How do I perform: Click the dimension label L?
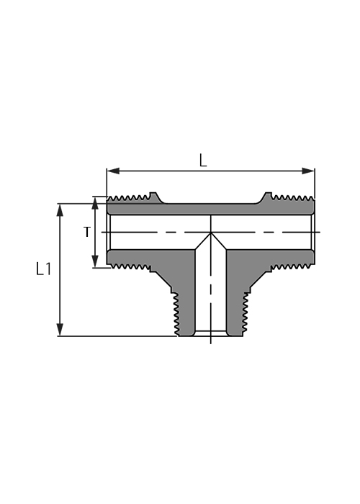203,161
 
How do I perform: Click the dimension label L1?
43,269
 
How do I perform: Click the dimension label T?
87,232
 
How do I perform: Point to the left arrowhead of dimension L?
113,171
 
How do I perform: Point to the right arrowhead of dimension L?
308,171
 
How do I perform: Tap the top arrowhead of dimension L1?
60,210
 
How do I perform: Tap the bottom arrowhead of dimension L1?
60,330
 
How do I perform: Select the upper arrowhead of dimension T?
95,203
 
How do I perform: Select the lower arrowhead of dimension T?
95,261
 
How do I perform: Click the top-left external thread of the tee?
129,198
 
